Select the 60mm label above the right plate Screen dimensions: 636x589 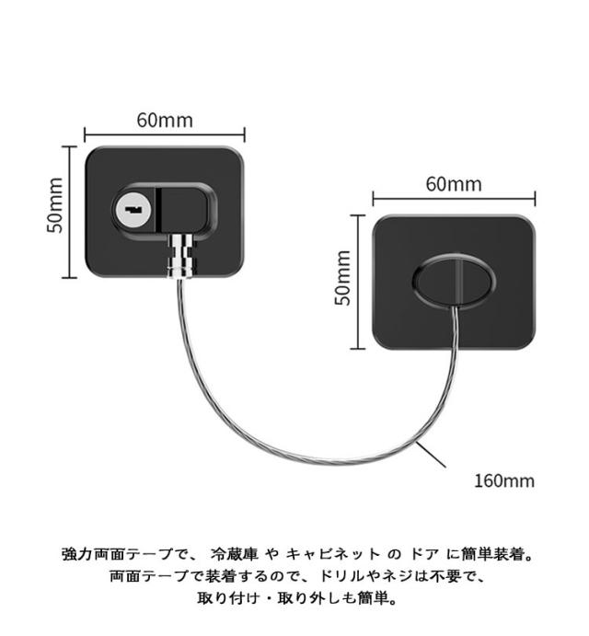coord(453,183)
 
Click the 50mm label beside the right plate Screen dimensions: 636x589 coord(342,278)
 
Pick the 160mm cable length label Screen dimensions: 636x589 coord(503,480)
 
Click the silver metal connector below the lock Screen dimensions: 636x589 coord(182,256)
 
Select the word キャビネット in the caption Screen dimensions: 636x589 coord(332,555)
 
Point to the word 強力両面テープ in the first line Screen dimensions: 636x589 coord(115,555)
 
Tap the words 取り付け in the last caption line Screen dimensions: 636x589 coord(228,599)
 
